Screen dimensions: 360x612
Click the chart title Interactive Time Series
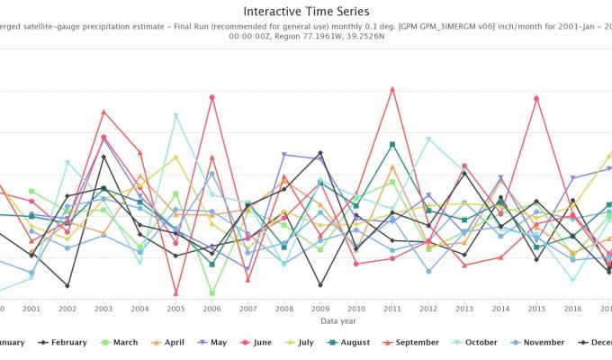tap(306, 11)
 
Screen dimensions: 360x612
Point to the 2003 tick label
tap(103, 308)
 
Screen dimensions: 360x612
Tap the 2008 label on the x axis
tap(283, 308)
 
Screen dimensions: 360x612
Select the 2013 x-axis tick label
tap(464, 308)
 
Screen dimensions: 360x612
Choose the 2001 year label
tap(31, 308)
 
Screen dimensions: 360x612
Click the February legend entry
tap(63, 342)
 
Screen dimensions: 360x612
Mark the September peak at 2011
tap(392, 89)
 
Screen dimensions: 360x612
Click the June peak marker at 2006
tap(212, 97)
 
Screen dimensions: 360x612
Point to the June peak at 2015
tap(536, 98)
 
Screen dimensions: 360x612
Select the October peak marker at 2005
tap(175, 115)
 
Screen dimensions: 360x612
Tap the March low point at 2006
tap(212, 292)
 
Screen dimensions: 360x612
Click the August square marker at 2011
tap(392, 144)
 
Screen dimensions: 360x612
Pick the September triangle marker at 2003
tap(103, 112)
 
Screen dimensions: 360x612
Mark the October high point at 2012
tap(428, 139)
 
